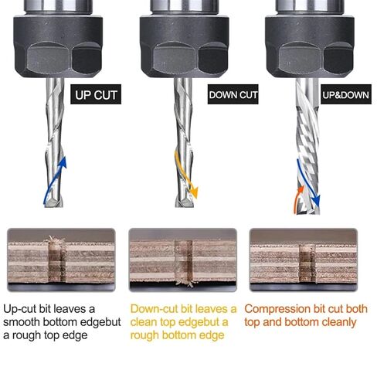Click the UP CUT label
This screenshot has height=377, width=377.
[x=96, y=94]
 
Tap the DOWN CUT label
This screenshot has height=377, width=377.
[x=233, y=94]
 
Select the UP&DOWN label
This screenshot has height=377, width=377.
[x=346, y=94]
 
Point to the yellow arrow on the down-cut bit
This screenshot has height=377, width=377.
[x=186, y=175]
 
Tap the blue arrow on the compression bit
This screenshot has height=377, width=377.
[x=307, y=183]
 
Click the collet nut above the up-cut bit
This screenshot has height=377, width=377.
[x=58, y=46]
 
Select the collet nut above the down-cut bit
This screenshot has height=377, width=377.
[x=185, y=46]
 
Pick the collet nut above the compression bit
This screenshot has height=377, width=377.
[x=310, y=46]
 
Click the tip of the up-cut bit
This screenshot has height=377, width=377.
[x=53, y=205]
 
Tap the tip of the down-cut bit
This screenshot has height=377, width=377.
[x=185, y=205]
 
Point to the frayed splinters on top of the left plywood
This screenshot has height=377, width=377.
[x=55, y=240]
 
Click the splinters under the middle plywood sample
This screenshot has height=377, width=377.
[x=185, y=284]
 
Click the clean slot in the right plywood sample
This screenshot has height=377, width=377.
[x=307, y=263]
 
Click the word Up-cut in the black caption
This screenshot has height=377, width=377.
[x=19, y=309]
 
